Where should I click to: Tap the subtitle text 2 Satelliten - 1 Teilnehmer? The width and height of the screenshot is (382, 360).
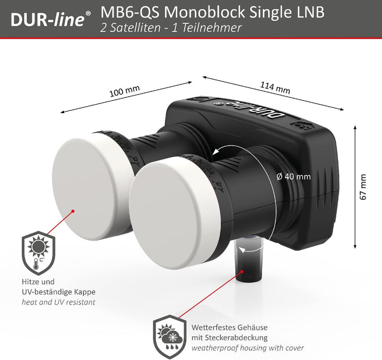pyautogui.click(x=170, y=28)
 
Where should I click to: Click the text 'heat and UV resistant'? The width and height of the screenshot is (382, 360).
pyautogui.click(x=58, y=302)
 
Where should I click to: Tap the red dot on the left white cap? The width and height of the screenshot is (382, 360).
pyautogui.click(x=74, y=210)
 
